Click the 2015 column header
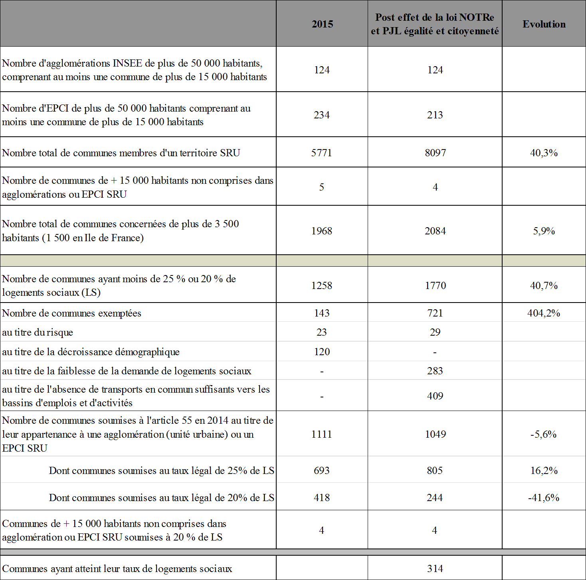322,24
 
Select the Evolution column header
544,24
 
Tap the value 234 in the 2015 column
322,115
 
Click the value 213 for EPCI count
435,115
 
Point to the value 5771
322,153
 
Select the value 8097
435,153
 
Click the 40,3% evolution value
544,153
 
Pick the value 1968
322,231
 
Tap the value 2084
435,231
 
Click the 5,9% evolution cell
544,231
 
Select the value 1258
322,286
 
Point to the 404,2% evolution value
544,313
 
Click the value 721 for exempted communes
435,313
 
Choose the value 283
435,371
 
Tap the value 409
435,396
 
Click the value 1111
322,435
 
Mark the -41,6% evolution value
544,498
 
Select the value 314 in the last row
435,569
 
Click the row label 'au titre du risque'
38,332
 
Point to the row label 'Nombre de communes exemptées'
72,313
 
